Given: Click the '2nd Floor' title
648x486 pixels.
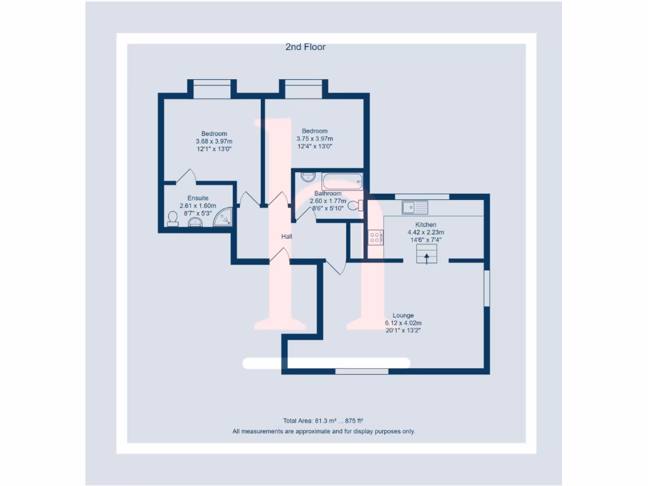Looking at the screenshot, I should click(x=306, y=47).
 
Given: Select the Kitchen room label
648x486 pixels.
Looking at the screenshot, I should click(x=425, y=225).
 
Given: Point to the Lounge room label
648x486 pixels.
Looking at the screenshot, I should click(x=403, y=315).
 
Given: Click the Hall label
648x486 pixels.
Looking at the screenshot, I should click(x=287, y=237).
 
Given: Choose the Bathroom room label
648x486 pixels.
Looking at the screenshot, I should click(x=328, y=194).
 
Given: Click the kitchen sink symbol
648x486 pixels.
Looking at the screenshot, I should click(x=414, y=207).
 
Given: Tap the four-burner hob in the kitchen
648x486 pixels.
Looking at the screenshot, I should click(x=375, y=238).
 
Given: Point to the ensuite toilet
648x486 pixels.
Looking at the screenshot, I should click(x=172, y=218).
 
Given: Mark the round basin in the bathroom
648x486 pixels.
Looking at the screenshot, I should click(x=307, y=177).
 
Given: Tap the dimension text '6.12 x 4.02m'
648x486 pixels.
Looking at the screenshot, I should click(x=403, y=323).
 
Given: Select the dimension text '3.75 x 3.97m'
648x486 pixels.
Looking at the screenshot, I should click(x=315, y=139).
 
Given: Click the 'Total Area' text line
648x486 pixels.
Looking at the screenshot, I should click(x=323, y=420).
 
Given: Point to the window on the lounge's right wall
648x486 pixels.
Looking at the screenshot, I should click(x=487, y=289).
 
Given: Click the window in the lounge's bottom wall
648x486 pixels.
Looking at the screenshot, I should click(x=362, y=371).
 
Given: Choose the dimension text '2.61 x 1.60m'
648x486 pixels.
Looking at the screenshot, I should click(x=197, y=206).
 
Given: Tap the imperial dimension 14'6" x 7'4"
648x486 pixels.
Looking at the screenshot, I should click(x=425, y=240).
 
